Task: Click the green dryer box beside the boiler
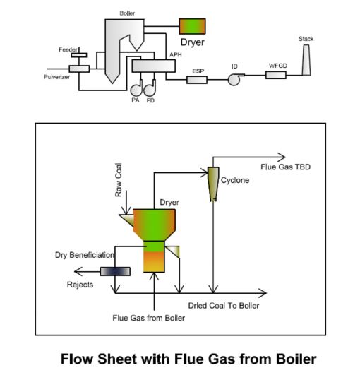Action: point(192,26)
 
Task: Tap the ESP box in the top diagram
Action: point(197,80)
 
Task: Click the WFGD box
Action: point(276,75)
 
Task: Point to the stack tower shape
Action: point(306,60)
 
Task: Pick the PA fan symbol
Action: point(137,88)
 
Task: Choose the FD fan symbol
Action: point(150,88)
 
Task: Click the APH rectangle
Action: point(153,66)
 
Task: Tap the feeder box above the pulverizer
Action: point(79,55)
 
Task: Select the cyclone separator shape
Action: point(213,184)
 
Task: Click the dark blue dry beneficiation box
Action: point(115,271)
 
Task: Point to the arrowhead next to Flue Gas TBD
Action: point(282,157)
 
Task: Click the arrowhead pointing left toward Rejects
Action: point(78,271)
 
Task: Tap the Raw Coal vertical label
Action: point(119,180)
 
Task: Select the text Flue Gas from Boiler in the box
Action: point(148,318)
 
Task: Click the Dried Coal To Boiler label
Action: point(224,305)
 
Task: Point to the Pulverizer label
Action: point(56,77)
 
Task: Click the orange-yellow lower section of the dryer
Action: point(154,262)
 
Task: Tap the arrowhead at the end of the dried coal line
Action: point(262,293)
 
